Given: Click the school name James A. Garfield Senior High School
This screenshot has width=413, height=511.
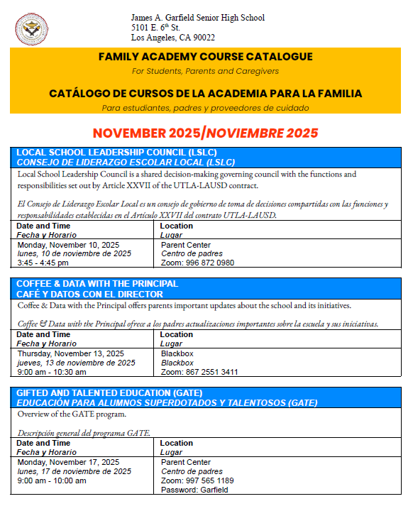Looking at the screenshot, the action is (197, 17).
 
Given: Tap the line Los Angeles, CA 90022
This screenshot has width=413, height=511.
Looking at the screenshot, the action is (172, 38).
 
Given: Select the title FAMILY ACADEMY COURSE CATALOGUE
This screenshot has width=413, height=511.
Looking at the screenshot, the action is (205, 57).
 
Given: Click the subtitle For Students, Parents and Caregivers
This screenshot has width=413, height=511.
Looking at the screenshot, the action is (205, 71).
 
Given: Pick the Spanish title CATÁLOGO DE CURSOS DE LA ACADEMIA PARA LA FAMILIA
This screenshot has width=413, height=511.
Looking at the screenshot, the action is (205, 93).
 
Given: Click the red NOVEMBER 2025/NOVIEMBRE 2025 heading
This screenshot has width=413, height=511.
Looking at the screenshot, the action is (205, 133).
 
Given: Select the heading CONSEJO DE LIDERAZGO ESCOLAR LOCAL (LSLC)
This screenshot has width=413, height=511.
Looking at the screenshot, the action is (125, 162).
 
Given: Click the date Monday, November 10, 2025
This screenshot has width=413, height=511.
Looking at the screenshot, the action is (68, 245).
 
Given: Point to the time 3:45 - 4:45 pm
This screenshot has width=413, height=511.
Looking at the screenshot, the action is (43, 263).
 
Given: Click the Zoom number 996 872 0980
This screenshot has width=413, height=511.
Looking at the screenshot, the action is (197, 263).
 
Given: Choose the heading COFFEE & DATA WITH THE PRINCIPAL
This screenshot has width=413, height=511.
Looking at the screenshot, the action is (97, 284).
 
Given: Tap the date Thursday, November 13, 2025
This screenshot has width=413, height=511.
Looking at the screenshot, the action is (70, 353).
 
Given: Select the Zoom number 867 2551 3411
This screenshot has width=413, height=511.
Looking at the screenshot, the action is (199, 372).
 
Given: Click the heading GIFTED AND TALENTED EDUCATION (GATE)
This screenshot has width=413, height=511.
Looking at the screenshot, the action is (109, 392).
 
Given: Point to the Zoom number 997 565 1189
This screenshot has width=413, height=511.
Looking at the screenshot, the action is (197, 480).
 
